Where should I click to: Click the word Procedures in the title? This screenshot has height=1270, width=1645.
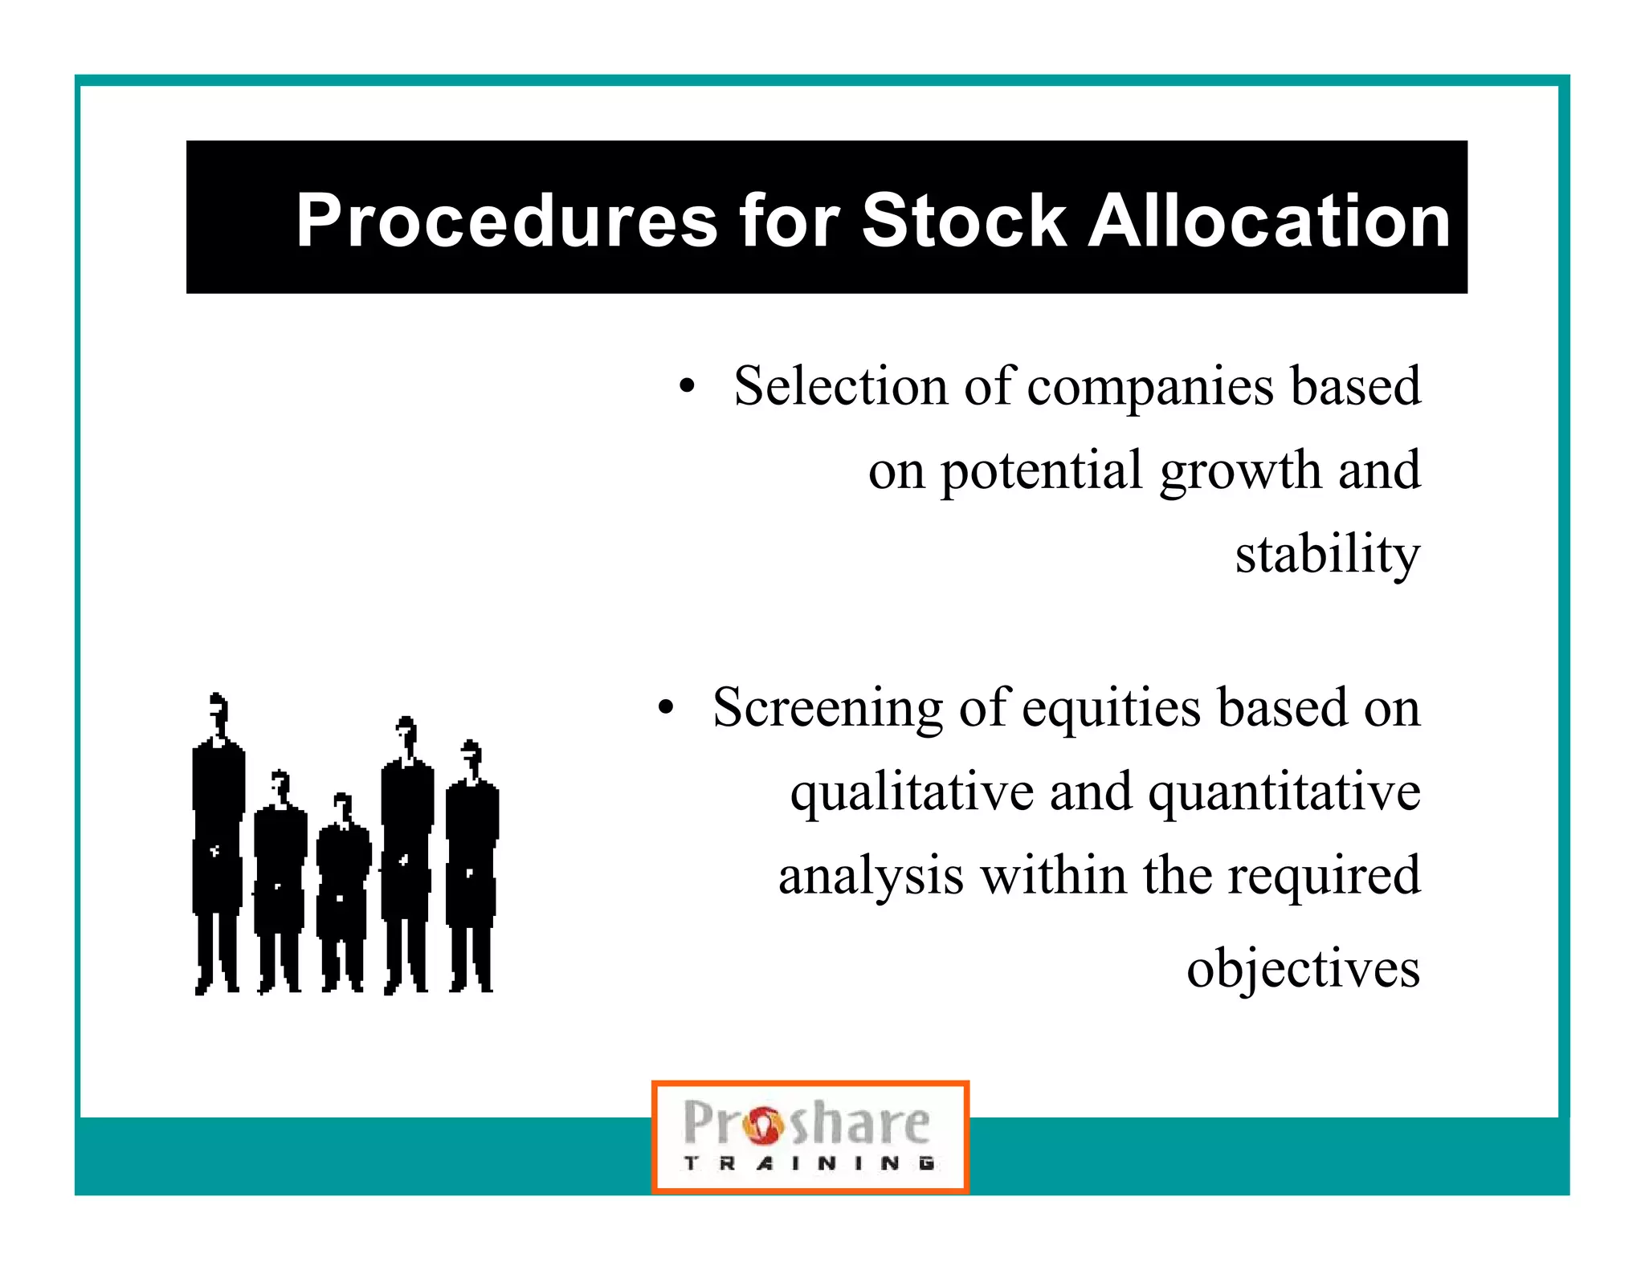click(x=506, y=221)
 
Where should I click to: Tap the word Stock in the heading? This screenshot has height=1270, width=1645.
click(x=963, y=221)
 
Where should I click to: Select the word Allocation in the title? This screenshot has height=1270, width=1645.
click(x=1268, y=221)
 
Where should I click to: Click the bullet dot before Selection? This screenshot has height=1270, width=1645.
click(x=686, y=387)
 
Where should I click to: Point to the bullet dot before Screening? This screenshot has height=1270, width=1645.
click(x=665, y=709)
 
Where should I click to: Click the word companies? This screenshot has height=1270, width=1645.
click(x=1149, y=387)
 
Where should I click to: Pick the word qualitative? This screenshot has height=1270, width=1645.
click(x=911, y=793)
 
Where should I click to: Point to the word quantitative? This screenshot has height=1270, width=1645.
click(x=1284, y=793)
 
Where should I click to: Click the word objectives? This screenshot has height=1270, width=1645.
click(x=1303, y=968)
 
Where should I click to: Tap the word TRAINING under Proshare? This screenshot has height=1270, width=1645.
click(x=809, y=1163)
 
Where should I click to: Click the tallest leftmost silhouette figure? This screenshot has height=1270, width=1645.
click(x=218, y=843)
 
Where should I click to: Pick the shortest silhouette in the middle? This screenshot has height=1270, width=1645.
click(x=343, y=891)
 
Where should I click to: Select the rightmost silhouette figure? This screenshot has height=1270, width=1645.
click(x=471, y=867)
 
